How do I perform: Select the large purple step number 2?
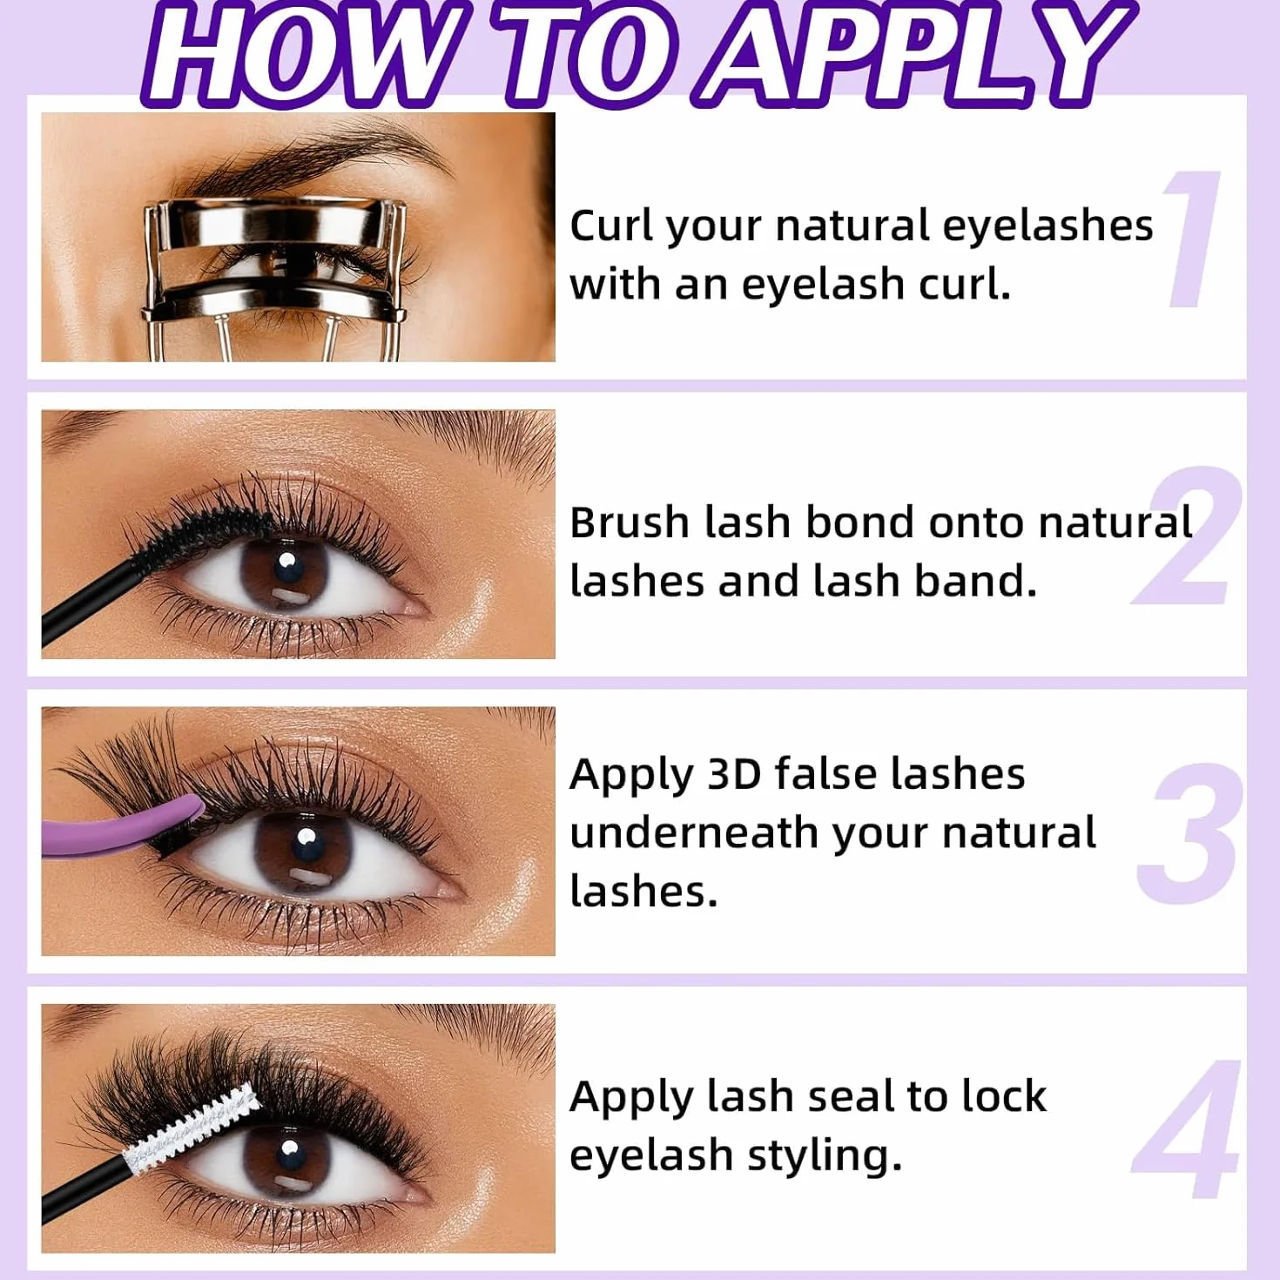coord(1186,536)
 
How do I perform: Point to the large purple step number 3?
coord(1189,832)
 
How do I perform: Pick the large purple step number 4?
coord(1186,1129)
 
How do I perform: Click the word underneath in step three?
coord(694,833)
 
